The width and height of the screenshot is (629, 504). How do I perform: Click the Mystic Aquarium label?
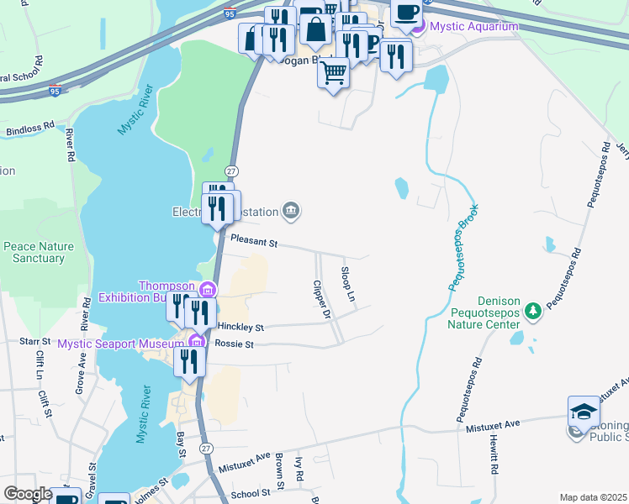point(473,27)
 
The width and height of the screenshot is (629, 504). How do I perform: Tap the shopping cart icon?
point(333,73)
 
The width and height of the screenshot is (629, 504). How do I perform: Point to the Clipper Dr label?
point(320,300)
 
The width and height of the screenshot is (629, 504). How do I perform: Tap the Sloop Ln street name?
point(346,285)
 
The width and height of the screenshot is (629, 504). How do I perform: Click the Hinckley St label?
point(240,327)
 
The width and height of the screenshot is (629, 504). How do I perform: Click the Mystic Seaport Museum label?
point(120,344)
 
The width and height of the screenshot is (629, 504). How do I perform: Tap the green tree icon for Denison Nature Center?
point(532,312)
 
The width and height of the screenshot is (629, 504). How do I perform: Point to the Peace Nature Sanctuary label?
point(39,252)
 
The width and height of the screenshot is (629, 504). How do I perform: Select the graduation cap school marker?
point(583,411)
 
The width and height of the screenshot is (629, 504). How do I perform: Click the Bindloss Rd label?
point(29,130)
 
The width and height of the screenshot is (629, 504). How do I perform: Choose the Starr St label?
point(35,342)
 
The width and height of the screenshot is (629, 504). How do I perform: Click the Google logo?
point(28,494)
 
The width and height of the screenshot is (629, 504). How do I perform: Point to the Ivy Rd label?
point(297,470)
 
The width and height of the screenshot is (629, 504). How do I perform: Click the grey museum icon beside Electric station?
point(291,210)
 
